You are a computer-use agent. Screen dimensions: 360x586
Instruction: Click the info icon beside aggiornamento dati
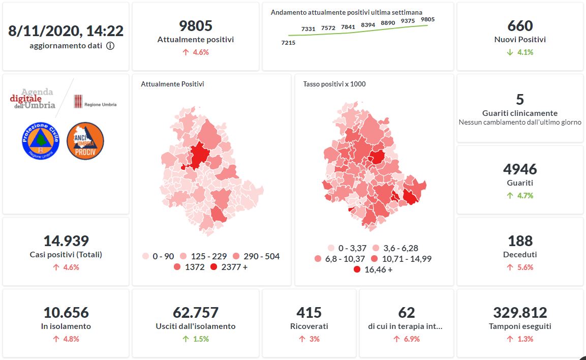point(110,46)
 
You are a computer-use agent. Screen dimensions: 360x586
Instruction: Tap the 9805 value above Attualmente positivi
point(196,25)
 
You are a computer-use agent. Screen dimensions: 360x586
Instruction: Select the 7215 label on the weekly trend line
point(288,43)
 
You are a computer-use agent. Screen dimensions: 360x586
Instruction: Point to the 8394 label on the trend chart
point(368,24)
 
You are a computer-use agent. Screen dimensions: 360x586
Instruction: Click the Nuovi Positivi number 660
point(520,25)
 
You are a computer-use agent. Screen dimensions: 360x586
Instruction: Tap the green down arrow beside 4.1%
point(510,52)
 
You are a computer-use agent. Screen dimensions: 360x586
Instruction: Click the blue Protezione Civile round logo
point(41,141)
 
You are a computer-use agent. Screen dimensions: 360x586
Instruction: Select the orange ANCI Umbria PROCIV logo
point(85,141)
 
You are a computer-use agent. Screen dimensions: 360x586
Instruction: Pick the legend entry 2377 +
point(228,266)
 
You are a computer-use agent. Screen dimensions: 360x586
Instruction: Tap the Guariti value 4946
point(520,169)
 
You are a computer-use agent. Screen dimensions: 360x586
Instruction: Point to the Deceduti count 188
point(520,241)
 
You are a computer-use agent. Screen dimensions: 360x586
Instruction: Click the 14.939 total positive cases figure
point(66,241)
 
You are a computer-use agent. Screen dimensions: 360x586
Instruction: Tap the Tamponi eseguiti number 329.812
point(520,312)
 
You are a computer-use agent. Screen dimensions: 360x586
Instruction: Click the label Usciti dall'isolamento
point(196,326)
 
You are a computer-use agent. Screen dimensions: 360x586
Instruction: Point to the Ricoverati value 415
point(309,312)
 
